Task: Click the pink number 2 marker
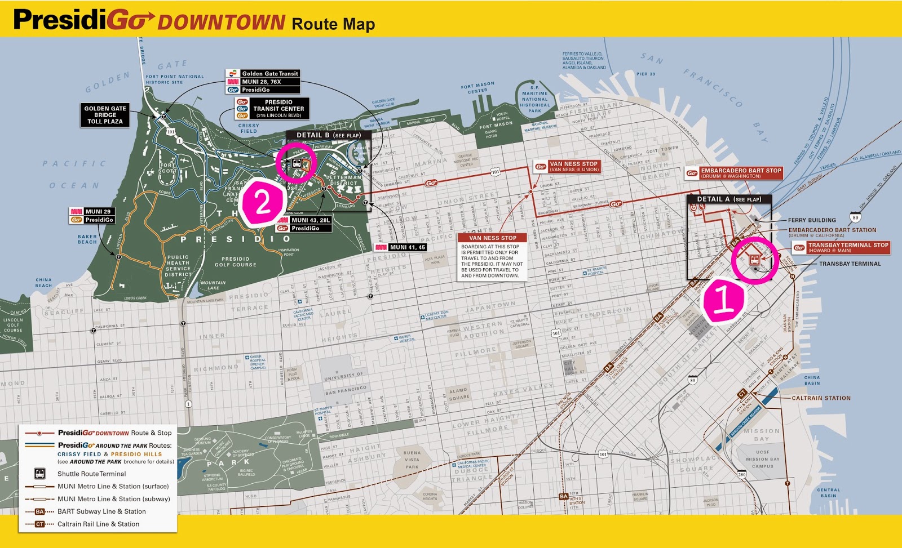coord(263,203)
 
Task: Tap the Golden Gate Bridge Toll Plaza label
coord(105,115)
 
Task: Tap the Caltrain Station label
coord(821,398)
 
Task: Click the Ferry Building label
coord(811,220)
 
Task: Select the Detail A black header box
coord(728,199)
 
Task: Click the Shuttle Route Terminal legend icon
coord(40,474)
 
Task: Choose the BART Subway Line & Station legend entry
coord(101,511)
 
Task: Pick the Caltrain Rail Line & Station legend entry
coord(98,524)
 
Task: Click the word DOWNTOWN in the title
coord(221,23)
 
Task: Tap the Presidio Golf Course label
coord(235,262)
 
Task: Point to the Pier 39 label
coord(645,74)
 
